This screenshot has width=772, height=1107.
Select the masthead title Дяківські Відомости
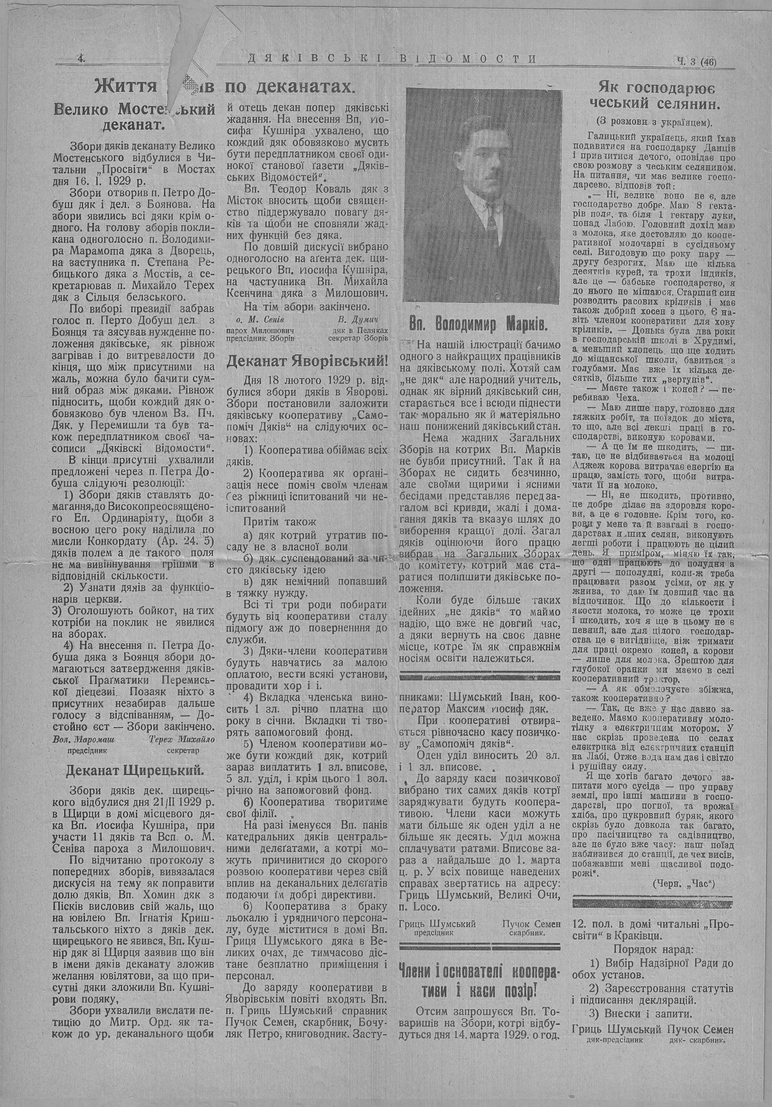(x=392, y=59)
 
